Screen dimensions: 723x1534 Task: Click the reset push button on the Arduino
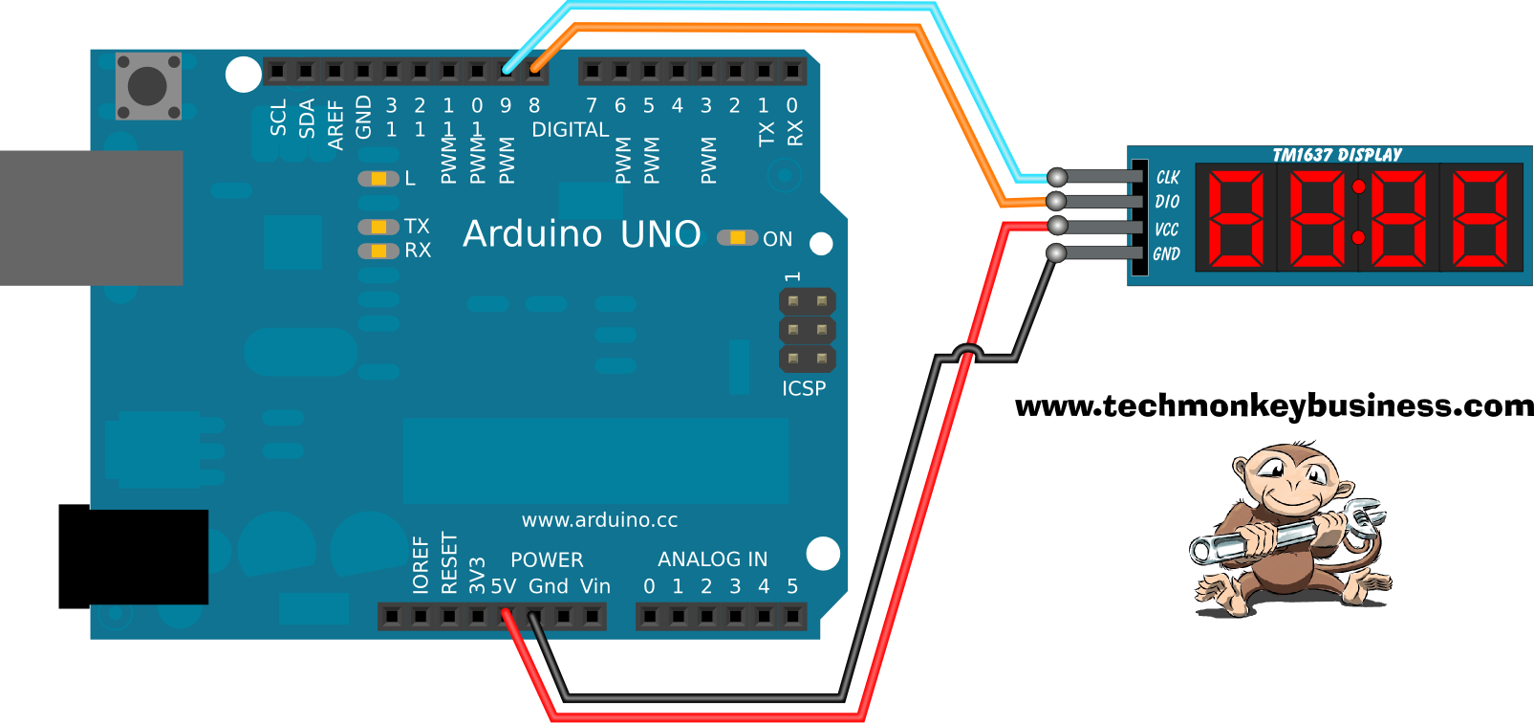(x=148, y=86)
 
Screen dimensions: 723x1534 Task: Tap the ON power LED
(x=738, y=237)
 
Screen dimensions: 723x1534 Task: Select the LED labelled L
(x=378, y=179)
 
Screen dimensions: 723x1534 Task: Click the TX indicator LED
(x=378, y=227)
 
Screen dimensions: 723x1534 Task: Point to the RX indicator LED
(x=378, y=251)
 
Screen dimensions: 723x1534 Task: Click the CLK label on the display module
(x=1168, y=177)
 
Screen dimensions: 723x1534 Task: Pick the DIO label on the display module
(x=1167, y=202)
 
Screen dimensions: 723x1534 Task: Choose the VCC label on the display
(x=1166, y=230)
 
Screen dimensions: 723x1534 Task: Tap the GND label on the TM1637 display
(x=1166, y=254)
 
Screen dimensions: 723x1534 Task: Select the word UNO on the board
(x=660, y=234)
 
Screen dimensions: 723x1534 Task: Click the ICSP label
(x=804, y=388)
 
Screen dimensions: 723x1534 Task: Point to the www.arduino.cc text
(x=599, y=520)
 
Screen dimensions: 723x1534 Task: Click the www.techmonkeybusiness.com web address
(x=1274, y=405)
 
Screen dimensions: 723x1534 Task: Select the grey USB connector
(x=91, y=218)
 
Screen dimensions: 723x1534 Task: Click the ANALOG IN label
(x=712, y=559)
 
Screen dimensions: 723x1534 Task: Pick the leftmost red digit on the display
(x=1237, y=218)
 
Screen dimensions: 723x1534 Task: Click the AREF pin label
(x=335, y=124)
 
